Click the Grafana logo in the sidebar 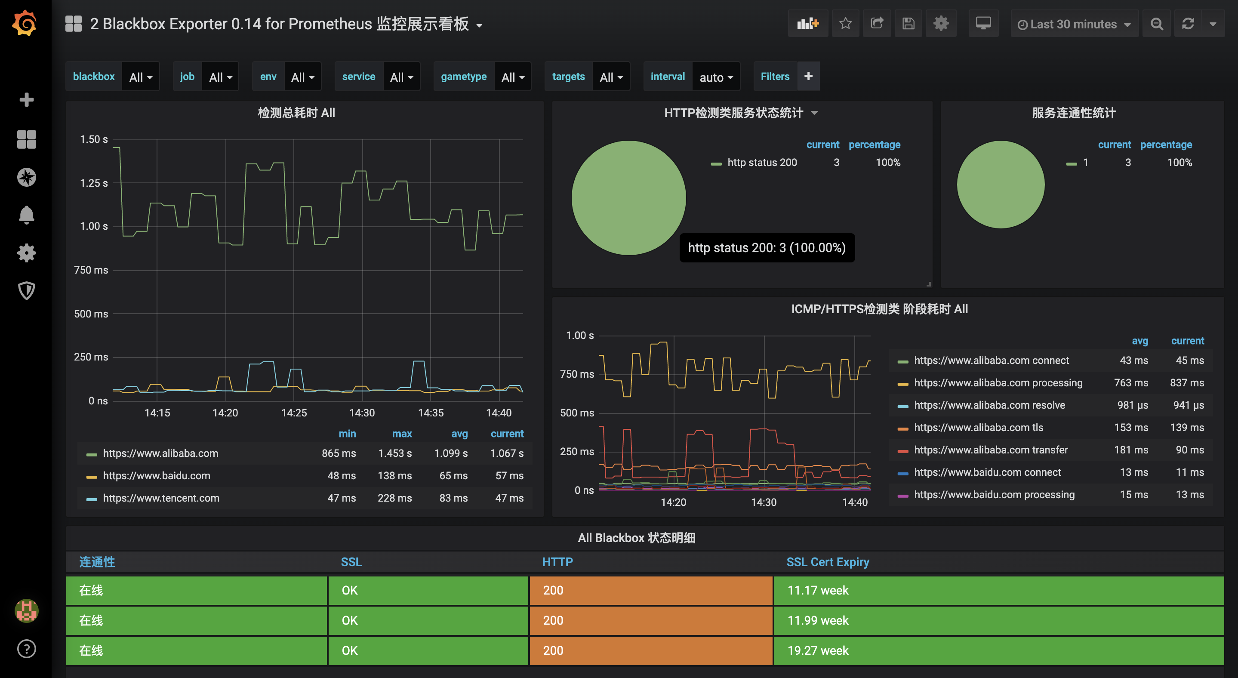(25, 23)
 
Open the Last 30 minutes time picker (1074, 24)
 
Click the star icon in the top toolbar (845, 24)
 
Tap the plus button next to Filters (808, 76)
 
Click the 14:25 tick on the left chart (294, 413)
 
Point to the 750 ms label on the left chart (91, 270)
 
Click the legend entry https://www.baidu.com (156, 476)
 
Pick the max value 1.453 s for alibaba (394, 453)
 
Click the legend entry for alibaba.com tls (978, 428)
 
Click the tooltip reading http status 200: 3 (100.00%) (767, 248)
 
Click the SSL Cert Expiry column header (827, 562)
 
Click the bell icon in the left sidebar (26, 215)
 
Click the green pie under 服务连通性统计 (1000, 185)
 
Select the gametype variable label (463, 77)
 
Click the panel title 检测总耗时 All (296, 113)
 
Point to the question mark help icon (26, 649)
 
